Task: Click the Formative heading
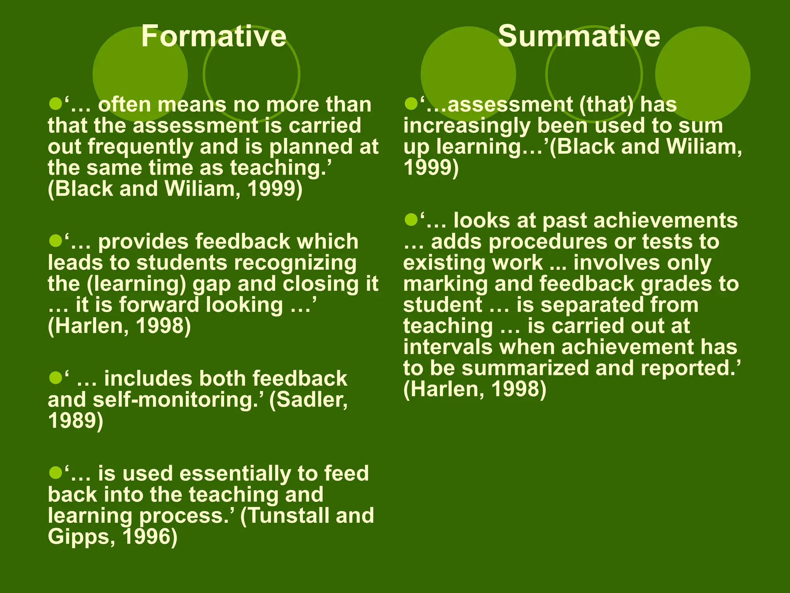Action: point(214,36)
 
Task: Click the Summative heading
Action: point(579,36)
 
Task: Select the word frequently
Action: point(140,147)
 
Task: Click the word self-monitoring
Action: point(176,400)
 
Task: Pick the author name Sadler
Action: point(312,400)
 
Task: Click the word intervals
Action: point(448,347)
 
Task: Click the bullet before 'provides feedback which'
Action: point(56,241)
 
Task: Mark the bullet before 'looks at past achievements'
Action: point(411,220)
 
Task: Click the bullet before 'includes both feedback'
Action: point(56,378)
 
